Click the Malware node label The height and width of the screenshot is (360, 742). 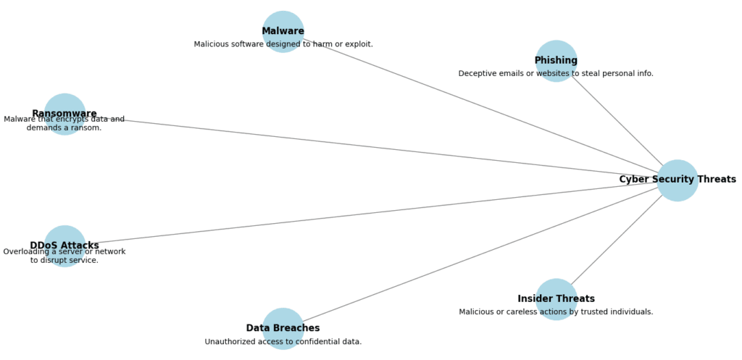pyautogui.click(x=283, y=31)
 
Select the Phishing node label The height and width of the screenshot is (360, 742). pyautogui.click(x=556, y=61)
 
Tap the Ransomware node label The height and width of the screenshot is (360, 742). pyautogui.click(x=64, y=114)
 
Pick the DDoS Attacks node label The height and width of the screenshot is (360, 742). pyautogui.click(x=64, y=246)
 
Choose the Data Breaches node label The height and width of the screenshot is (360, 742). pyautogui.click(x=283, y=328)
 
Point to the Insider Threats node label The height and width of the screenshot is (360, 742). pyautogui.click(x=556, y=298)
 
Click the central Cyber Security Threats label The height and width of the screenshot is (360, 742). pyautogui.click(x=677, y=180)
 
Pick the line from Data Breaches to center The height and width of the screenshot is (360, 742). pyautogui.click(x=478, y=254)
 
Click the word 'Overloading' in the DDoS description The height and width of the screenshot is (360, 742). pyautogui.click(x=27, y=252)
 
